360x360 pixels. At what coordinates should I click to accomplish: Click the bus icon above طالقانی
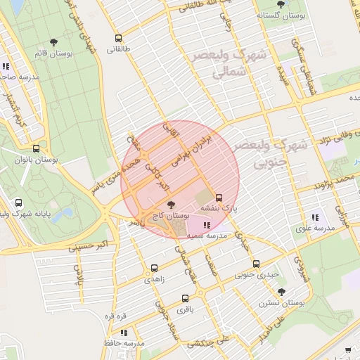tap(117, 39)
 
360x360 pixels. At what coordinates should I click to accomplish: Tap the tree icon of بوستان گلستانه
tap(281, 4)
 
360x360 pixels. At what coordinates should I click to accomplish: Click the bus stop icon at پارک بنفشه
tap(219, 198)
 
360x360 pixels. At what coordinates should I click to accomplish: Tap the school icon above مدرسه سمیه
tap(206, 225)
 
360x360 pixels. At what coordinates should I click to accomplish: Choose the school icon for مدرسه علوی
tap(314, 217)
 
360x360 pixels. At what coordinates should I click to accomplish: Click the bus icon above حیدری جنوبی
tap(256, 264)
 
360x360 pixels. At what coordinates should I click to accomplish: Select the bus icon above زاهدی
tap(154, 268)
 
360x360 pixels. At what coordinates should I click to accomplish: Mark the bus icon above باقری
tap(185, 298)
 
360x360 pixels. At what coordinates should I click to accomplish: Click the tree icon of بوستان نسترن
tap(282, 291)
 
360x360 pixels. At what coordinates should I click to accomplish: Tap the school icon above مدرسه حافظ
tap(124, 333)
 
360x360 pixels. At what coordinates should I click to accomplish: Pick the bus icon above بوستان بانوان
tap(36, 149)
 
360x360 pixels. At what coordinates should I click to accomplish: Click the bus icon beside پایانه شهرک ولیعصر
tap(18, 203)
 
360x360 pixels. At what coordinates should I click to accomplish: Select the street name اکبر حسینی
tap(88, 247)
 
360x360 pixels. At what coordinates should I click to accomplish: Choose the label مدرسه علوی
tap(314, 228)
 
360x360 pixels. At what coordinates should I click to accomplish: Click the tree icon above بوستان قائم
tap(54, 43)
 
